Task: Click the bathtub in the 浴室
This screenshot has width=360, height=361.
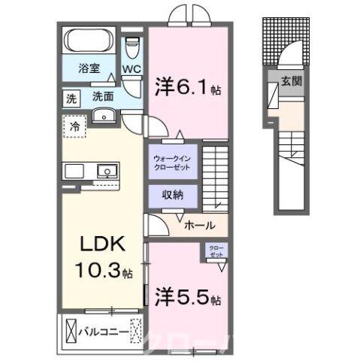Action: [x=89, y=41]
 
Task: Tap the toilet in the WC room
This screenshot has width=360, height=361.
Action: [x=132, y=48]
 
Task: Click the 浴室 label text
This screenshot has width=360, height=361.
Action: [x=89, y=68]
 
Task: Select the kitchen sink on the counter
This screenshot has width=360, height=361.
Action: [x=107, y=171]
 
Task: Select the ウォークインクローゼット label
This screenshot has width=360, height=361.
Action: [x=174, y=162]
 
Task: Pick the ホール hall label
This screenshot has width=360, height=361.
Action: [x=199, y=225]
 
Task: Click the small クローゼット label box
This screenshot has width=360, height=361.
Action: [x=216, y=250]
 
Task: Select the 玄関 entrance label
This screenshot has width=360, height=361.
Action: [x=292, y=81]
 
